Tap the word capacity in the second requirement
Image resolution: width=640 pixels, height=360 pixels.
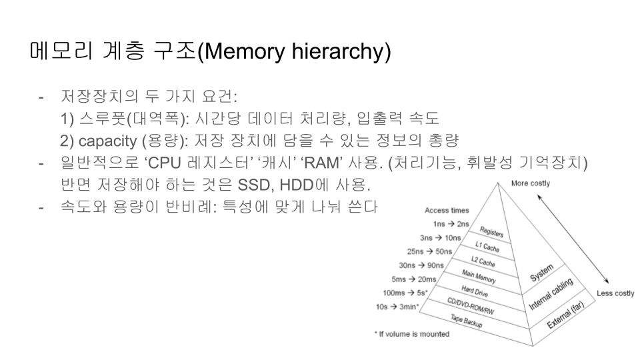(x=105, y=141)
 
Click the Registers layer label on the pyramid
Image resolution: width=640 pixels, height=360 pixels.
(x=492, y=234)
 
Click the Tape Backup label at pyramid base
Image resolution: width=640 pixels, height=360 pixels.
(x=466, y=320)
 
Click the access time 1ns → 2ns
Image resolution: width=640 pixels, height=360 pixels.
(x=451, y=224)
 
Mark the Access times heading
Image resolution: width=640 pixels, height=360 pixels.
(x=446, y=211)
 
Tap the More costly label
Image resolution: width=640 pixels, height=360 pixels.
(x=530, y=183)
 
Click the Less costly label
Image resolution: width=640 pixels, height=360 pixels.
(x=615, y=293)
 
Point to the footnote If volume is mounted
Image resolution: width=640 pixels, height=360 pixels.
(x=411, y=333)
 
